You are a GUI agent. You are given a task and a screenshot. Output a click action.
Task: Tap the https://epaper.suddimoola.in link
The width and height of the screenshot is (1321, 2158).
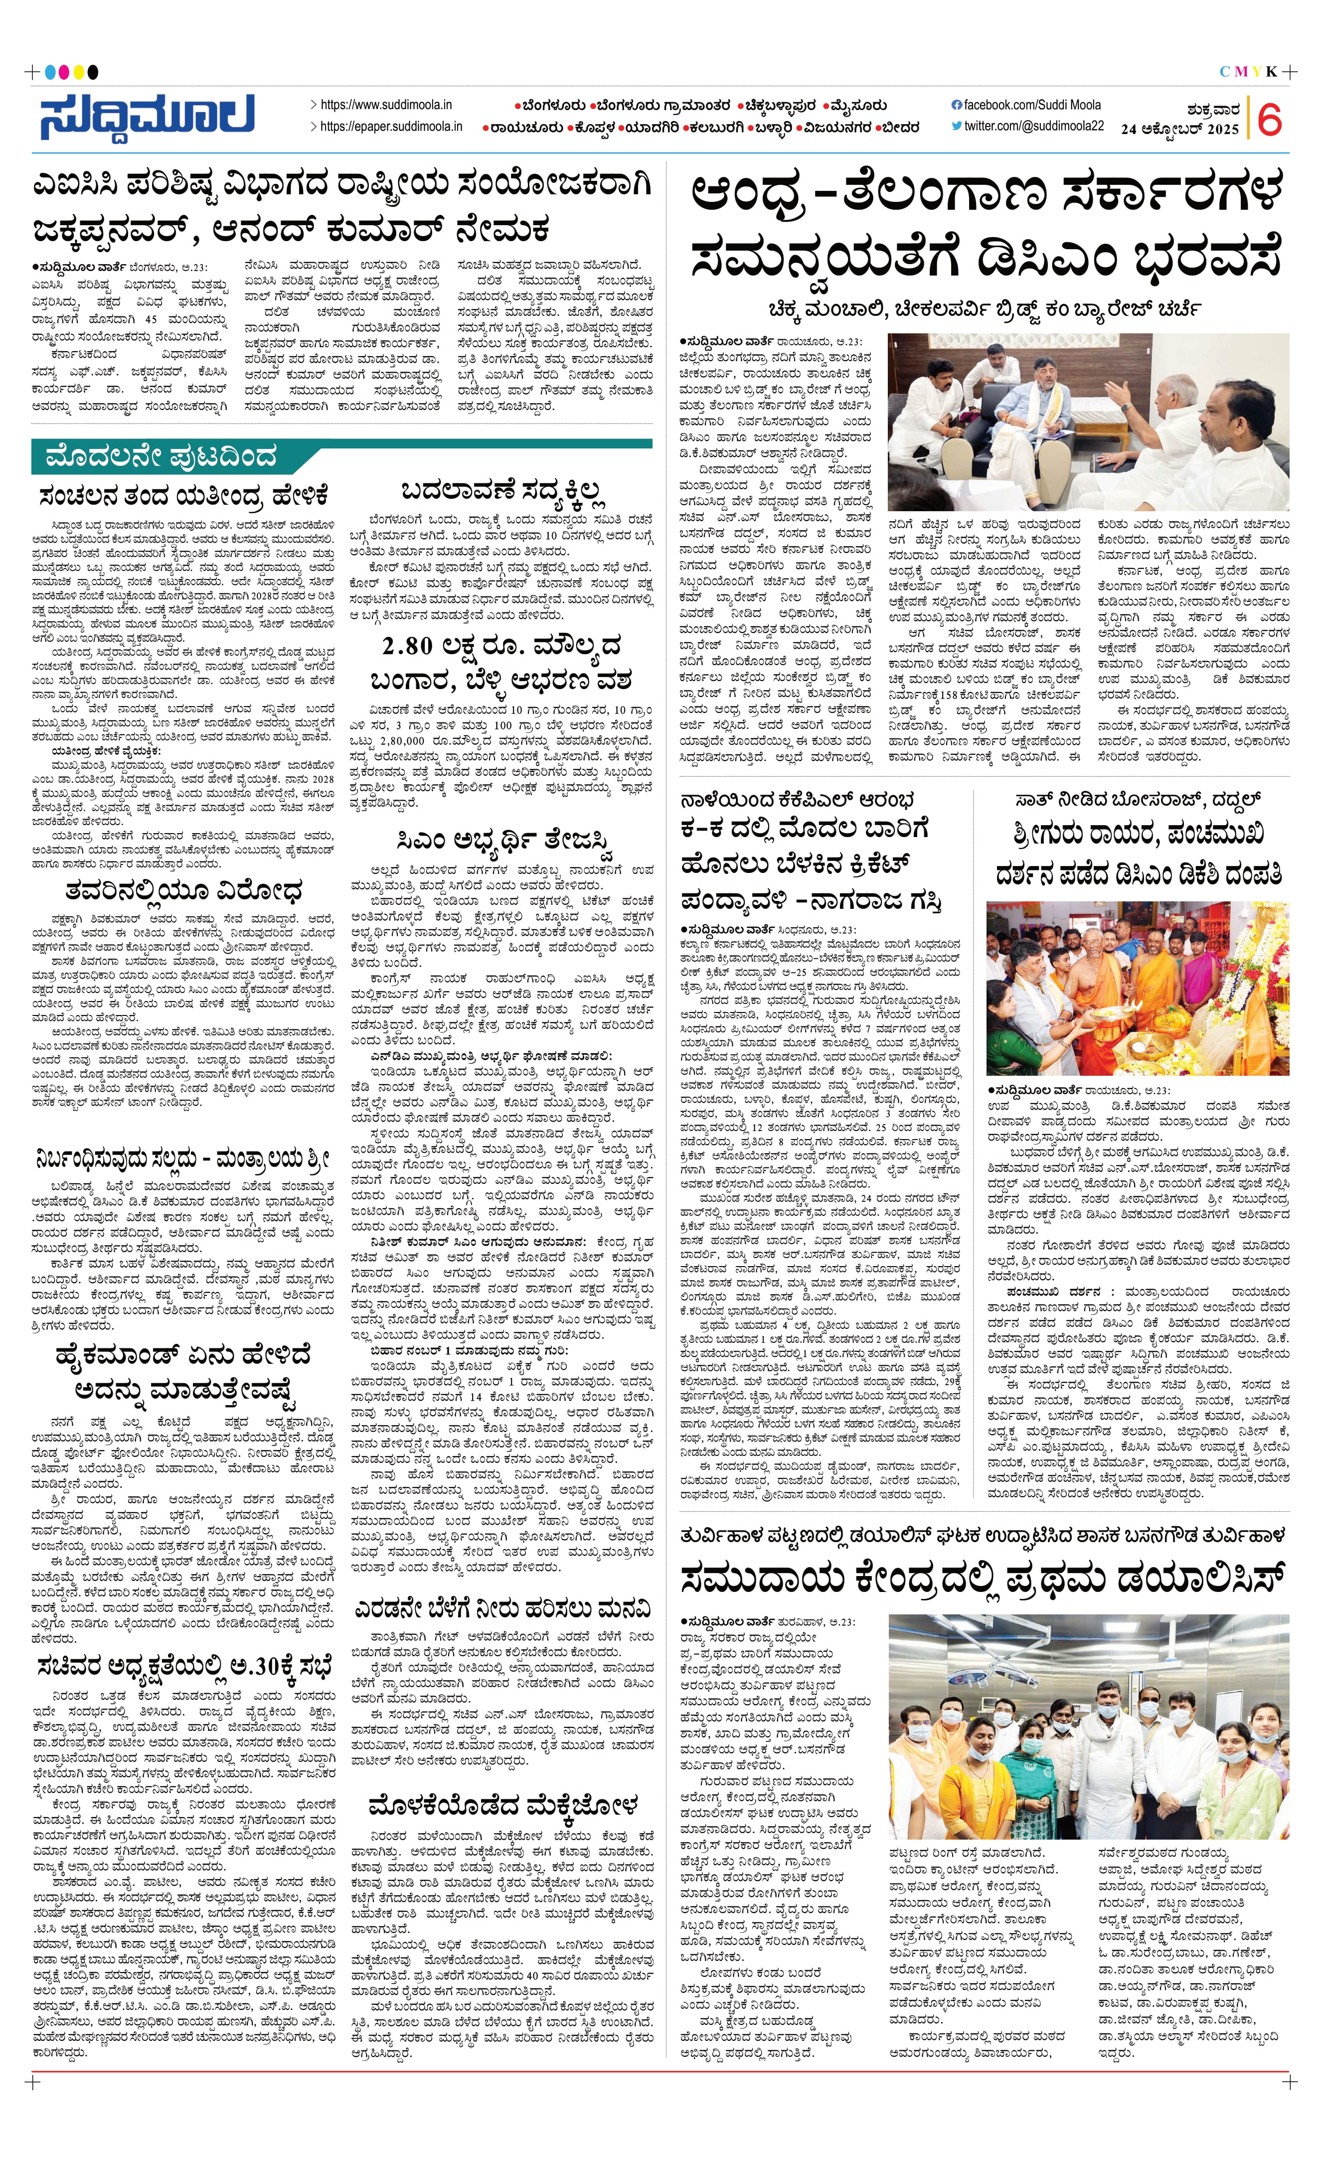click(x=391, y=126)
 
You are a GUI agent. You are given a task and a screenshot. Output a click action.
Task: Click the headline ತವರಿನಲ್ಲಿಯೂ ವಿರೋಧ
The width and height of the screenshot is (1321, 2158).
click(x=184, y=891)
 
